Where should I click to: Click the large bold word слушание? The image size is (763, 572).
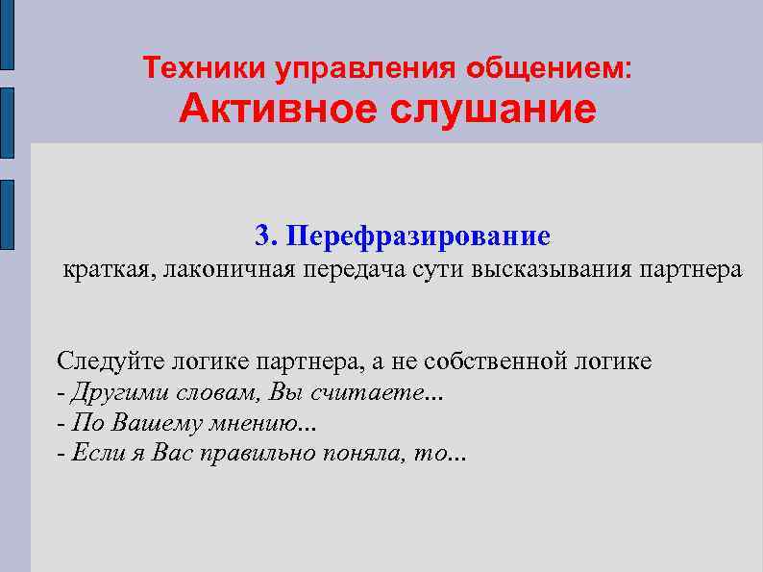click(493, 109)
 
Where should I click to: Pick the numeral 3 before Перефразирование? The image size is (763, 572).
click(263, 236)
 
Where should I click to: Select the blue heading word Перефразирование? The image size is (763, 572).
click(418, 236)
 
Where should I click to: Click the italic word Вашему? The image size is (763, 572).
click(144, 424)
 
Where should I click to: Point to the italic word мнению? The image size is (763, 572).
click(245, 424)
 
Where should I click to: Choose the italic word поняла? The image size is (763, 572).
click(360, 454)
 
